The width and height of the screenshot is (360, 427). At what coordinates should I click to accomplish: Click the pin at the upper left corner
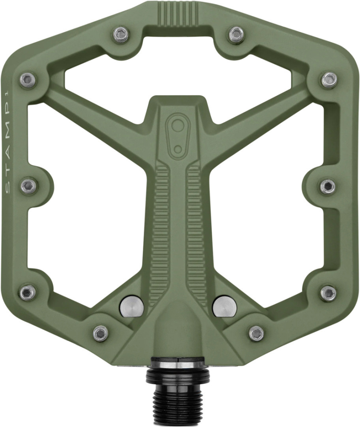click(x=28, y=79)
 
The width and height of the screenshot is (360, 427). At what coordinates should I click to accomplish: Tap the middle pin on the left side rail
click(x=29, y=186)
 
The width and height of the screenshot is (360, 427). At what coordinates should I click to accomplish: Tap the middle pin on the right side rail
click(x=328, y=186)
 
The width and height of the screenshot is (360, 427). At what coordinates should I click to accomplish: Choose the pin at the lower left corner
click(x=28, y=293)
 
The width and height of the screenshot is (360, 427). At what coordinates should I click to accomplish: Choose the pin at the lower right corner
click(x=328, y=293)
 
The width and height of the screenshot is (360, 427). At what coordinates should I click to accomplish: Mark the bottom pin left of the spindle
click(x=101, y=332)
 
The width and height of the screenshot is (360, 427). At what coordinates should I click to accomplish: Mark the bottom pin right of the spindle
click(x=256, y=332)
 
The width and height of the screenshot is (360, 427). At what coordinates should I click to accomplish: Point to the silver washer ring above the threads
click(x=178, y=365)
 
